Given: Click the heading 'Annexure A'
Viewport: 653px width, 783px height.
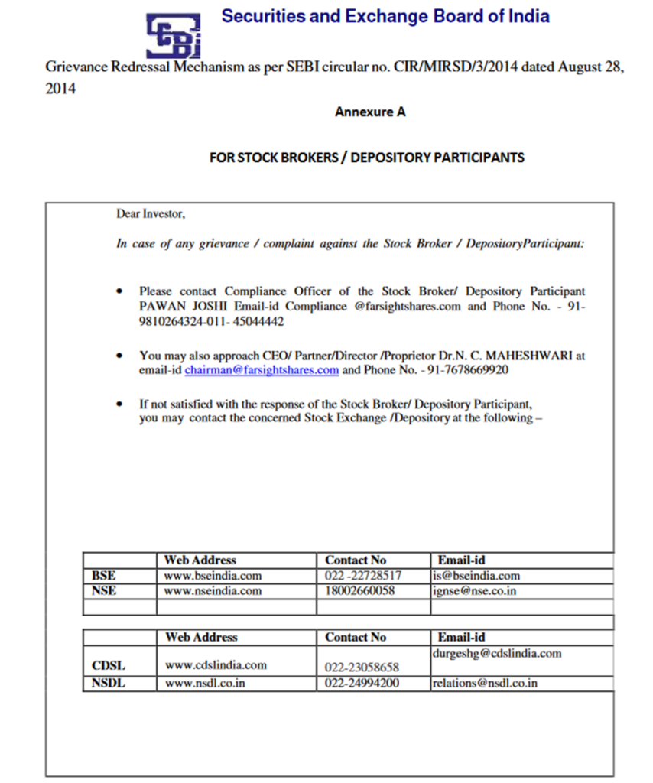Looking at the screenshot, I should pyautogui.click(x=370, y=112).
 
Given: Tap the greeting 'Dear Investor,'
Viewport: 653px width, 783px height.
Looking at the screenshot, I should pyautogui.click(x=151, y=214).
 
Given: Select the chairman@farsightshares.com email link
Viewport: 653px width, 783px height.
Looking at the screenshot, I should pyautogui.click(x=262, y=370).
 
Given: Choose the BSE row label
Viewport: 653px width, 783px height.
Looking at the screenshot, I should pyautogui.click(x=103, y=576).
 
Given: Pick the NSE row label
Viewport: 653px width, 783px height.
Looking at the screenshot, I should pyautogui.click(x=104, y=591).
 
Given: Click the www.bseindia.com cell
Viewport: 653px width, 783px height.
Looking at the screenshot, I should pyautogui.click(x=213, y=576).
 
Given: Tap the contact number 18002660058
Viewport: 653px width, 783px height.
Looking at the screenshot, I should pyautogui.click(x=360, y=591).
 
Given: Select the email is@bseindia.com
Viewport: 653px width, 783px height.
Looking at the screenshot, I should pyautogui.click(x=476, y=576).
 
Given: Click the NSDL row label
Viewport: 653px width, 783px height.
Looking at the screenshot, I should pyautogui.click(x=108, y=684).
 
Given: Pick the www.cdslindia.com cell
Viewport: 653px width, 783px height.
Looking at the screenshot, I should pyautogui.click(x=216, y=665).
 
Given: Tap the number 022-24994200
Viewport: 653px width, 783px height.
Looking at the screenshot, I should pyautogui.click(x=362, y=684).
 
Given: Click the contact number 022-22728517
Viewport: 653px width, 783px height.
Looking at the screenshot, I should pyautogui.click(x=363, y=576).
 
